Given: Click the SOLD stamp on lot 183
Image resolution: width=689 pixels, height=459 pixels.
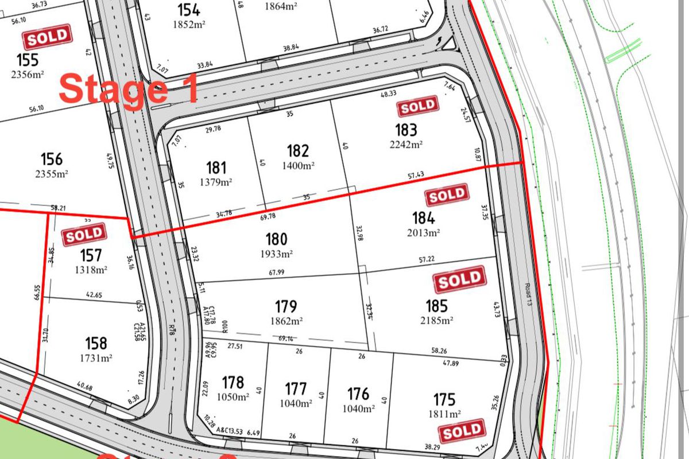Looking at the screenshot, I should click(x=418, y=107).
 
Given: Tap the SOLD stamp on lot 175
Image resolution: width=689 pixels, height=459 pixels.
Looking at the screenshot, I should click(x=462, y=431).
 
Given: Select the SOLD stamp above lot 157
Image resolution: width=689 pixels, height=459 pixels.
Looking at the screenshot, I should click(x=84, y=234).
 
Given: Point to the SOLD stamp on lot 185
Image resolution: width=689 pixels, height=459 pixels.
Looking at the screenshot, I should click(x=460, y=279).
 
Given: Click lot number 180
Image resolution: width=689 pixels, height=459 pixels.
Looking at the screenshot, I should click(x=276, y=239).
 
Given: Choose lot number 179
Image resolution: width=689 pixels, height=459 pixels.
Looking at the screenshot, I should click(x=285, y=307).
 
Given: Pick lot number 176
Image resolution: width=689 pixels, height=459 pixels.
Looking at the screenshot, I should click(x=358, y=395).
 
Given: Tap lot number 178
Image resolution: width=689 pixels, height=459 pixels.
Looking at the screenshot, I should click(x=233, y=383).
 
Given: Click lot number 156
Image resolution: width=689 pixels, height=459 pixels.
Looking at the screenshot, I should click(x=51, y=159).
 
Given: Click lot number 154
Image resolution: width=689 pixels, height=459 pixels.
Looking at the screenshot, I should click(x=188, y=10).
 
